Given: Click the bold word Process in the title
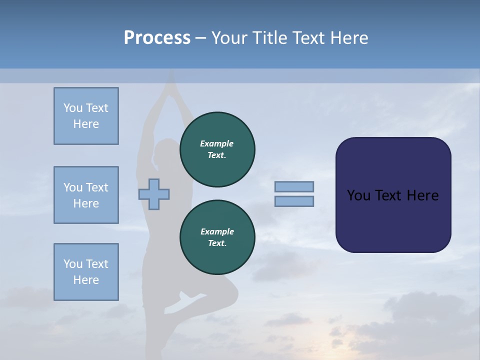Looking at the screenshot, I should coord(157,37).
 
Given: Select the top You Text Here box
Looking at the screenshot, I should coord(86,116).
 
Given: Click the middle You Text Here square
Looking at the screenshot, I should coord(86,195).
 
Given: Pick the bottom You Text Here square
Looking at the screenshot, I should coord(86,272).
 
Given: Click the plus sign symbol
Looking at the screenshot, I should coord(154,194).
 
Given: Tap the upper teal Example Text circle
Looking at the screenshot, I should coord(217,149).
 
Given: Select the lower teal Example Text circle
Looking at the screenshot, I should coord(217,237).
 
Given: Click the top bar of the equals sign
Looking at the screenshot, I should coord(294,186).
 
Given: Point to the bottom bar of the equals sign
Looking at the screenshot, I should coord(294,201).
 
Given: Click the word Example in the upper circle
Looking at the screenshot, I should coord(217,143).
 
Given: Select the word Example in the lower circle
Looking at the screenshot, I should coord(217,231).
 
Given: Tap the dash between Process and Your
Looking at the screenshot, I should coord(200,38).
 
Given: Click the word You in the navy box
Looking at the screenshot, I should coord(358,195).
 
